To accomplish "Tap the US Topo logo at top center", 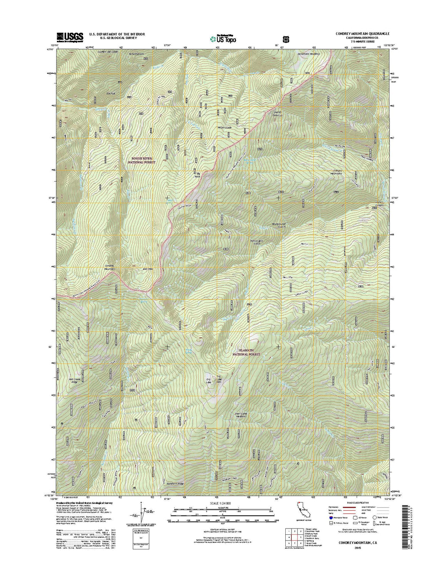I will click(x=223, y=38).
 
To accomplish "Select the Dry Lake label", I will click(x=209, y=382).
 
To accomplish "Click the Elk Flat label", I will click(x=111, y=93).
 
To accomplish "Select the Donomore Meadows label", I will click(x=309, y=54).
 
